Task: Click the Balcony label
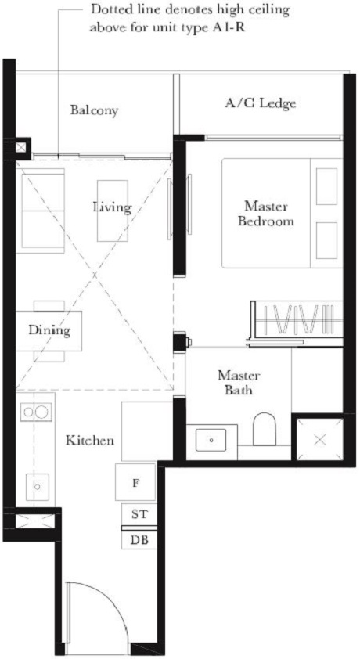94,110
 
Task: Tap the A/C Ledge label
261,103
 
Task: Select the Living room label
112,207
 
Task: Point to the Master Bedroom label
268,214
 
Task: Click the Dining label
49,330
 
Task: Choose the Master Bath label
238,383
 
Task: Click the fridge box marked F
135,484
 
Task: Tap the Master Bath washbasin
211,440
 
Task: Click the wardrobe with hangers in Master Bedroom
297,322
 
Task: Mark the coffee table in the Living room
113,211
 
